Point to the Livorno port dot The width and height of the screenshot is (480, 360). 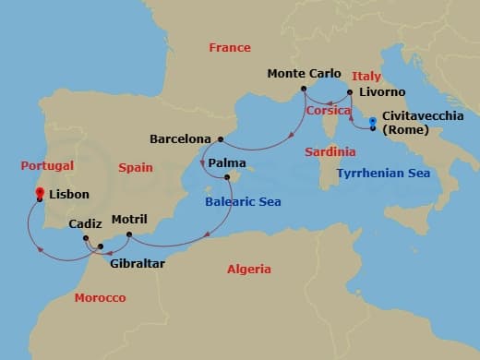tap(349, 92)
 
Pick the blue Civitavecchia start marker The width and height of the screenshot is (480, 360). tap(372, 121)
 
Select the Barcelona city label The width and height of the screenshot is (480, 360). tap(180, 139)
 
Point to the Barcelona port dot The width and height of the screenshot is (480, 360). tap(221, 139)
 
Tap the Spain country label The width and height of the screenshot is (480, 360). tap(137, 166)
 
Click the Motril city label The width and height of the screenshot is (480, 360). tap(128, 220)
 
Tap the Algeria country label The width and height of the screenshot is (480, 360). tap(249, 270)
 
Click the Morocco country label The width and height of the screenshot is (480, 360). tap(100, 299)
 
